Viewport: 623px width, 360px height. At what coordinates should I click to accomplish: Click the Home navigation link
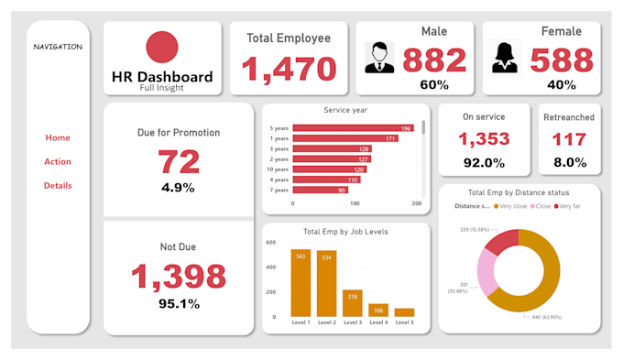click(x=58, y=137)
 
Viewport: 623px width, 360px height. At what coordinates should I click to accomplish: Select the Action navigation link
click(x=58, y=161)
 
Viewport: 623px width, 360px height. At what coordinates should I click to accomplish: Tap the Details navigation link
click(x=58, y=185)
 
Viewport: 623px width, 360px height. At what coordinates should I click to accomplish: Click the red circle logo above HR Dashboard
click(x=162, y=48)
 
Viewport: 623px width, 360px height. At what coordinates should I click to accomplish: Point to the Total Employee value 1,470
click(x=289, y=69)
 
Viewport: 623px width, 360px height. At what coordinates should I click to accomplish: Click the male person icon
click(x=379, y=57)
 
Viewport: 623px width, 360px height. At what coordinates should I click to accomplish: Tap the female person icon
click(x=506, y=57)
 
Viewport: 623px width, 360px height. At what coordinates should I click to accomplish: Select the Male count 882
click(x=434, y=60)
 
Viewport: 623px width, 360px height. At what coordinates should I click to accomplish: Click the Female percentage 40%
click(x=561, y=85)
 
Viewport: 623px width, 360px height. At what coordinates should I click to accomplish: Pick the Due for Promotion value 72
click(x=178, y=161)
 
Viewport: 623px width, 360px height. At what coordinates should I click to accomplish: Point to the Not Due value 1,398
click(x=178, y=276)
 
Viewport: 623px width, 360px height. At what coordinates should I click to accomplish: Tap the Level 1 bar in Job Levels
click(x=301, y=282)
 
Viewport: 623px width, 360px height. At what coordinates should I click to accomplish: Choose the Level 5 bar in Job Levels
click(x=404, y=311)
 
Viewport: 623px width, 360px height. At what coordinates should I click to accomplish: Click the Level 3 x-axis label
click(x=353, y=323)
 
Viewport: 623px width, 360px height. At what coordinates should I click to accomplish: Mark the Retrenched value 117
click(x=568, y=139)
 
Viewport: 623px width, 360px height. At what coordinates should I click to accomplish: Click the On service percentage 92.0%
click(x=483, y=162)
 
